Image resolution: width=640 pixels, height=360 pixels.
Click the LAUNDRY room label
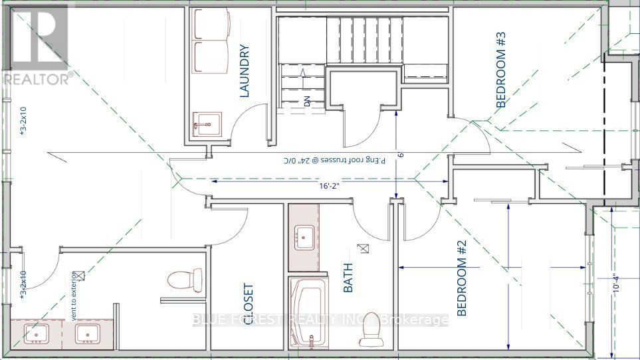click(x=244, y=71)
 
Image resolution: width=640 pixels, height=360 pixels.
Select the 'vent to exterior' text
click(x=75, y=296)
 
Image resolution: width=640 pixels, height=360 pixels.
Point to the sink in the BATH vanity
click(x=304, y=236)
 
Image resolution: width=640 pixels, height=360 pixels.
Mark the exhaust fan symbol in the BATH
click(x=363, y=249)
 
